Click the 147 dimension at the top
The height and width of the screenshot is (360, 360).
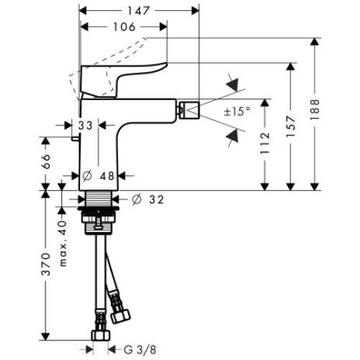tap(137, 10)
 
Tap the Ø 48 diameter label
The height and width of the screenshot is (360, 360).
tap(96, 176)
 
